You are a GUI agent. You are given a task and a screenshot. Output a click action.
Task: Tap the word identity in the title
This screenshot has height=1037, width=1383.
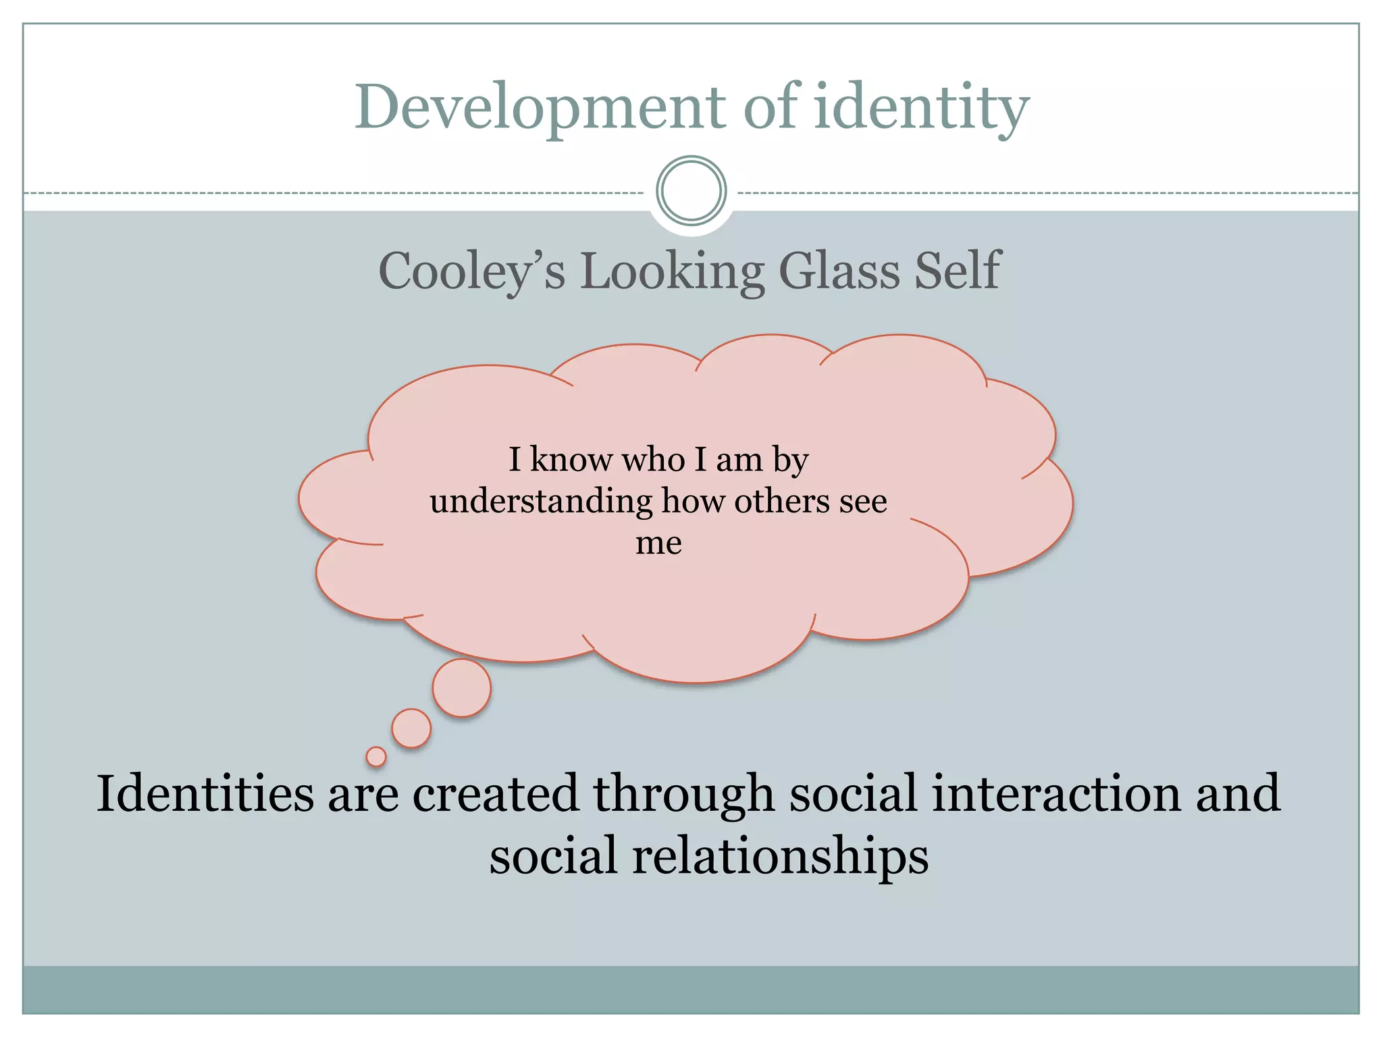pyautogui.click(x=922, y=108)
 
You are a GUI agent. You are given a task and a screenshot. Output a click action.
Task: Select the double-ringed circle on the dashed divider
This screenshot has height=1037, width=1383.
pyautogui.click(x=691, y=191)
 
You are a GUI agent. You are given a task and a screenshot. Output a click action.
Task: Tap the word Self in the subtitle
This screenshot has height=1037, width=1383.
pyautogui.click(x=957, y=270)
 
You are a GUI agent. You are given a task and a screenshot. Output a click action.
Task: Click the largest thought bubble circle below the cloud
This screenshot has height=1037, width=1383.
pyautogui.click(x=462, y=687)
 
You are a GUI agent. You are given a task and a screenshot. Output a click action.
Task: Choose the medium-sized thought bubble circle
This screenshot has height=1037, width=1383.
pyautogui.click(x=411, y=728)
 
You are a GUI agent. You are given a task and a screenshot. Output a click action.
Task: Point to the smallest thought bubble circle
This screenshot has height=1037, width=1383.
pyautogui.click(x=376, y=757)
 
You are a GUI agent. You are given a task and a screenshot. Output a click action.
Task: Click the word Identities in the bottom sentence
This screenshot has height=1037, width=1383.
pyautogui.click(x=205, y=794)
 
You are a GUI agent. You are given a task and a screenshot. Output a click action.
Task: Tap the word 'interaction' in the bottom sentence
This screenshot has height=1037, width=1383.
pyautogui.click(x=1056, y=794)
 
